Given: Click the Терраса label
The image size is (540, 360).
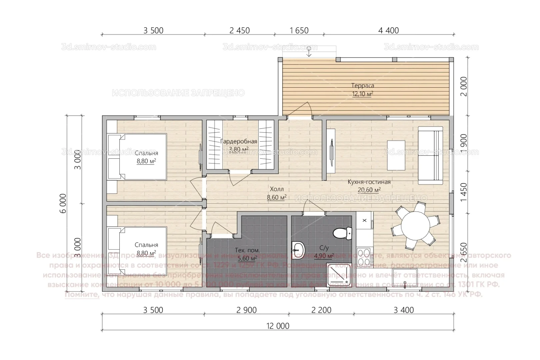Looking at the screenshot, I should [363, 86].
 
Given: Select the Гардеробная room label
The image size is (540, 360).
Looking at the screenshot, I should [239, 142].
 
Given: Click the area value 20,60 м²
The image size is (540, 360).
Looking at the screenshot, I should [369, 190].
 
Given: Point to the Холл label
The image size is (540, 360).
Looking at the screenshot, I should [277, 189].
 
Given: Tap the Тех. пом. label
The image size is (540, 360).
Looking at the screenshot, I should [247, 250].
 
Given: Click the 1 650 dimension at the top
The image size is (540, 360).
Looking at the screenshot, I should [299, 31].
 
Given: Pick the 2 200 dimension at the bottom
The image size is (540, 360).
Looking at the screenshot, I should [321, 310].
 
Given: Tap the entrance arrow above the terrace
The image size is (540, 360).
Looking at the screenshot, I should [309, 51].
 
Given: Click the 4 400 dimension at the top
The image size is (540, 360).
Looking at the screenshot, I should [388, 31].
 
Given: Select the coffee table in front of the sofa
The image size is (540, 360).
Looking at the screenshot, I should [396, 155].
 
